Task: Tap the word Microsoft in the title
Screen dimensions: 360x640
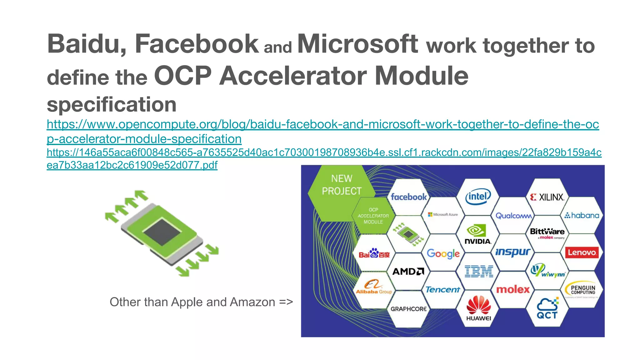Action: click(x=357, y=44)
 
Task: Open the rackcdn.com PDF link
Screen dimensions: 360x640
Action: click(x=324, y=152)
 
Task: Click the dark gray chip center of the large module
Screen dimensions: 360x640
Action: click(x=162, y=232)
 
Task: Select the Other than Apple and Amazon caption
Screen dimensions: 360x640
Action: click(x=201, y=302)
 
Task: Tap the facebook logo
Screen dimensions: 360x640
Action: click(x=408, y=197)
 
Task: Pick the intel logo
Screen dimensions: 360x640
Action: click(x=478, y=197)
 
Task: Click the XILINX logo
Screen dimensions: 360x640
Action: click(x=547, y=197)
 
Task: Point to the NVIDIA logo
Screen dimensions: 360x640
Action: click(x=477, y=234)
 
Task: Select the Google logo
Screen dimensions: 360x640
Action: click(x=443, y=253)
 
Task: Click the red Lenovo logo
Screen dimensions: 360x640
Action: click(x=582, y=252)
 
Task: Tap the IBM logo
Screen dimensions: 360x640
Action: click(x=478, y=271)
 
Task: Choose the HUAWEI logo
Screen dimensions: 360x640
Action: click(x=478, y=308)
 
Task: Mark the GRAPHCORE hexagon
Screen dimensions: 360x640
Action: click(x=408, y=309)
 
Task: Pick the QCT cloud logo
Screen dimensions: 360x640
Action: click(x=547, y=308)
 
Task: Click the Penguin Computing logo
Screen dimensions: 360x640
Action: click(x=582, y=290)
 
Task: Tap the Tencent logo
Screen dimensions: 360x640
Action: click(x=443, y=290)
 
